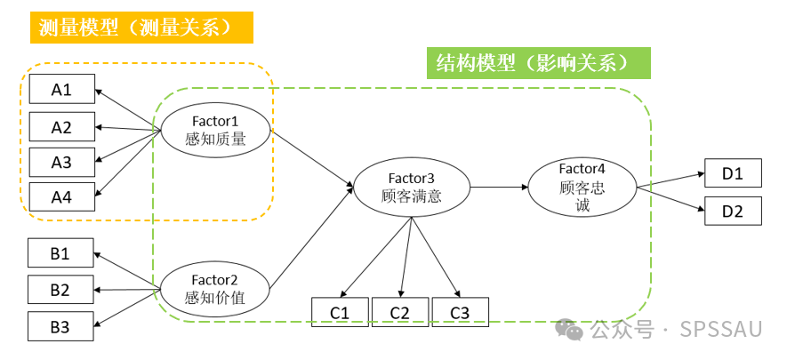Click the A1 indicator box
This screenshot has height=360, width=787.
[60, 89]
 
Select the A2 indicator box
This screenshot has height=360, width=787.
[60, 127]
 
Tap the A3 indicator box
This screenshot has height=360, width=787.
[60, 162]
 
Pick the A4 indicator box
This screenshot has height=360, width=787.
[60, 197]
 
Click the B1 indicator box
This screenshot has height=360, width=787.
[60, 253]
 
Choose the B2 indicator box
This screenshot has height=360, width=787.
[60, 289]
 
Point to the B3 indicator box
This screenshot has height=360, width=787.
[60, 326]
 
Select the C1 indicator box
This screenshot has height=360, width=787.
[340, 312]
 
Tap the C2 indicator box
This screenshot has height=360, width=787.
[399, 312]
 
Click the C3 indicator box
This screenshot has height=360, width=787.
[459, 312]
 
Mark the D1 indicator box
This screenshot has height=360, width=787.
[733, 173]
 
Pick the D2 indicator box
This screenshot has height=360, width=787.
[733, 211]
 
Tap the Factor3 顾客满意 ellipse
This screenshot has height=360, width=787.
[411, 188]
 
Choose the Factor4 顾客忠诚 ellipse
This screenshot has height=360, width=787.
[582, 188]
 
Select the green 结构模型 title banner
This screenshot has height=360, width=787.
[538, 63]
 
